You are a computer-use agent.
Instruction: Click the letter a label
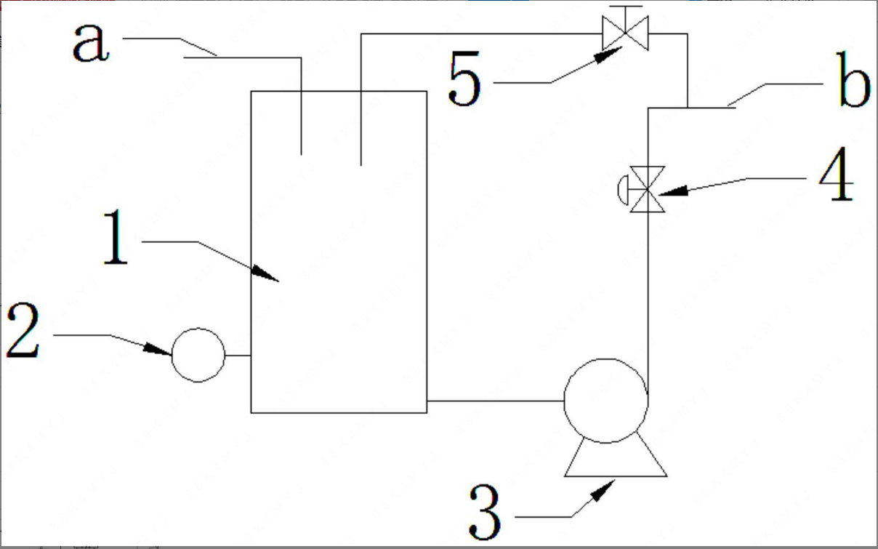90,44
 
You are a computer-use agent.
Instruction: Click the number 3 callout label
485,513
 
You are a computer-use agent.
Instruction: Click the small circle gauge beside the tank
198,355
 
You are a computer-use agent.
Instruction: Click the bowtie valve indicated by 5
626,33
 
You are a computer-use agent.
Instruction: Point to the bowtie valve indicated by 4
647,189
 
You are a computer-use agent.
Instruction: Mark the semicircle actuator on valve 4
622,189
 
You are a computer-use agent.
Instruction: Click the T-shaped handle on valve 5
626,9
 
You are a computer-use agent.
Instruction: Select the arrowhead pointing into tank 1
266,273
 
